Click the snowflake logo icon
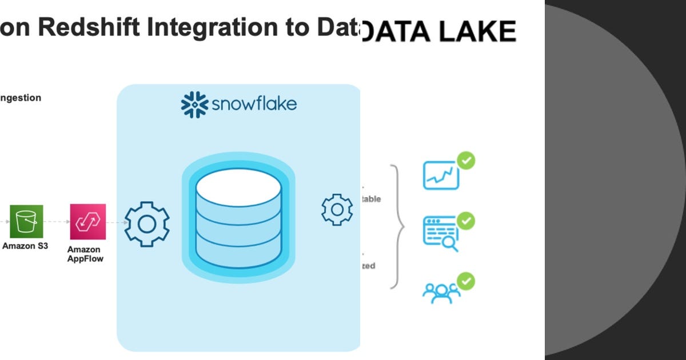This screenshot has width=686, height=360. coord(194,104)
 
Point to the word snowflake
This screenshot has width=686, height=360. coord(254,104)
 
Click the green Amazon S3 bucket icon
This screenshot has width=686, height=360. coord(26,222)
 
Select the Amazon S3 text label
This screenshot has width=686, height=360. coord(25,246)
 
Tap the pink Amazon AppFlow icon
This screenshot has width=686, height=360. coord(88,222)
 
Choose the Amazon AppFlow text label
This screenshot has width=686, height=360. coord(85,254)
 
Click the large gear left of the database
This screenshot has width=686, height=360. coord(147,224)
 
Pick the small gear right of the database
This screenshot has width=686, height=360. coord(337,210)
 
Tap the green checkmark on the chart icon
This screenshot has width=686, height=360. coord(466,161)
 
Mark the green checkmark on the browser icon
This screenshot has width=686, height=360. coord(466,220)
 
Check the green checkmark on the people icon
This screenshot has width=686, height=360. coord(466,281)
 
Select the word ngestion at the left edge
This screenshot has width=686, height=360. coord(21,98)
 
